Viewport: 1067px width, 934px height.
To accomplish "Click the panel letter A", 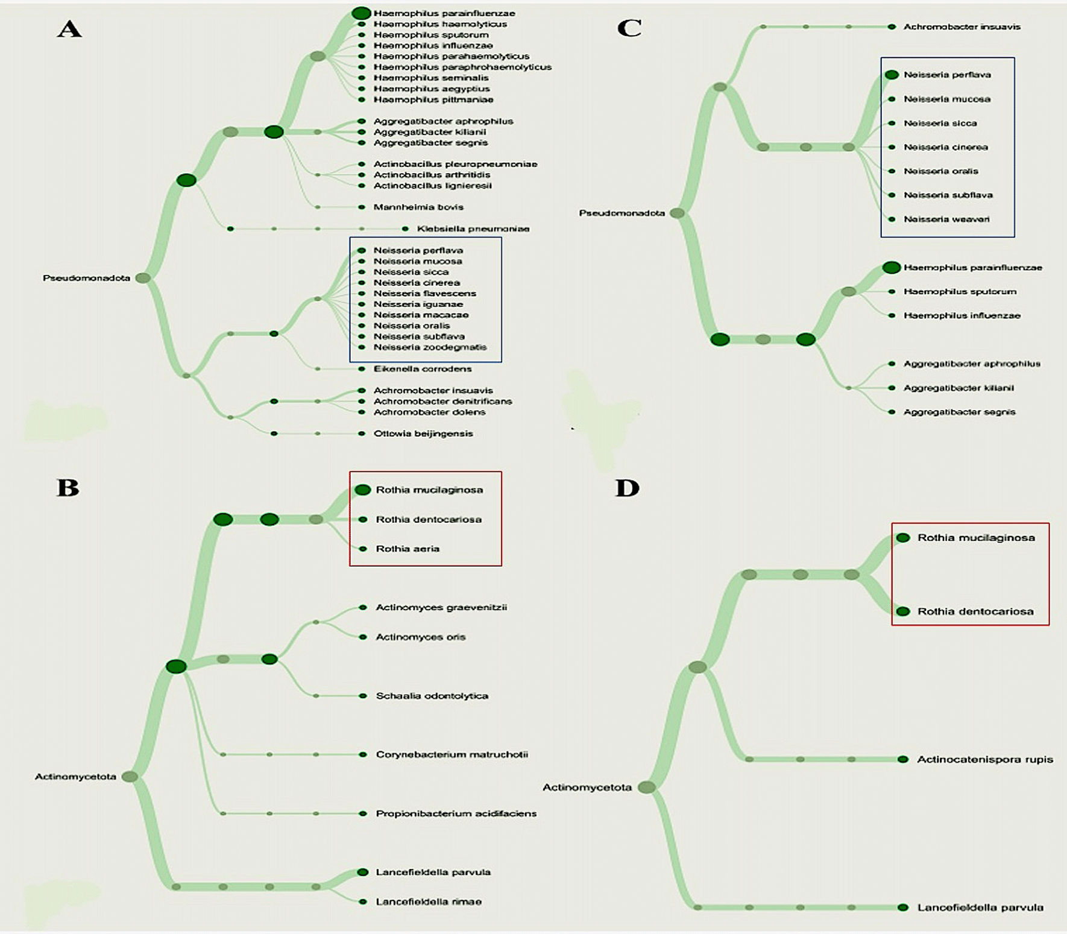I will [x=69, y=29].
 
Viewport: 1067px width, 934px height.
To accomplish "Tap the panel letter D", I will [x=627, y=488].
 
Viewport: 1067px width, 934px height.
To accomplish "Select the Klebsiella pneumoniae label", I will [x=473, y=229].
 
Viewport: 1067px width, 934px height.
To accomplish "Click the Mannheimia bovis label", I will [x=418, y=207].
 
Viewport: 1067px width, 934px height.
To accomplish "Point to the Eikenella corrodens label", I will [x=423, y=369].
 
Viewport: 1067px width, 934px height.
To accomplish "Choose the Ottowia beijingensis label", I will [x=423, y=434].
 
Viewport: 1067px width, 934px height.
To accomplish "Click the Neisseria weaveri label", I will [x=946, y=219].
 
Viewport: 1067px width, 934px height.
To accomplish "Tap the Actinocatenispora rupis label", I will [x=985, y=760].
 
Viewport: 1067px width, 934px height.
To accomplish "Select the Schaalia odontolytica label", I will [x=432, y=696].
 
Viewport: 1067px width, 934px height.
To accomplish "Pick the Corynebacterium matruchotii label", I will [x=452, y=754].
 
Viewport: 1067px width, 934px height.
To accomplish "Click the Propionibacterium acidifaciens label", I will [x=456, y=813].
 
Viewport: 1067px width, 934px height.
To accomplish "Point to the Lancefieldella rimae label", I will [x=429, y=902].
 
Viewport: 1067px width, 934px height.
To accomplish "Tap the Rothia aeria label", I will [x=408, y=549].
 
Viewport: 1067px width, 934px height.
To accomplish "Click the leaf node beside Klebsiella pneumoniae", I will [x=405, y=229].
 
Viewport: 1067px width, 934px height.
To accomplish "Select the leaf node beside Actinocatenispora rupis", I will [x=902, y=760].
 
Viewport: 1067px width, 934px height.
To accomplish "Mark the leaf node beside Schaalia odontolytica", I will [x=363, y=696].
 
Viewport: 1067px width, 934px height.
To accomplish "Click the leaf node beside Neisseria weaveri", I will [x=892, y=219].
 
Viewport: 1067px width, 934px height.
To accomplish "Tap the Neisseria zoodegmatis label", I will [x=430, y=347].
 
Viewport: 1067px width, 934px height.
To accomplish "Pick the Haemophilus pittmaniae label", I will [x=433, y=99].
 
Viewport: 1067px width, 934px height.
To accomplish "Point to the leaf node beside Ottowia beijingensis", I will [x=362, y=434].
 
